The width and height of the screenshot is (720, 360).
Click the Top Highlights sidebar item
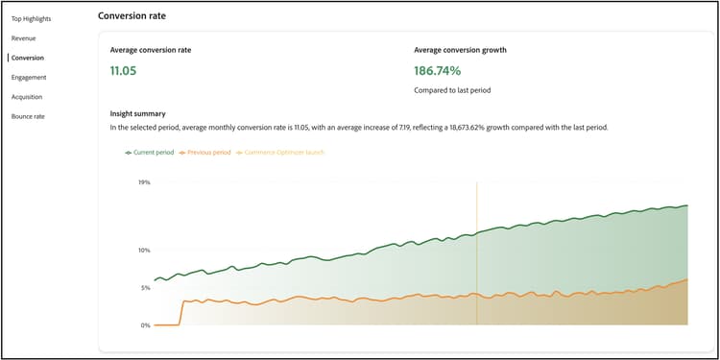[31, 18]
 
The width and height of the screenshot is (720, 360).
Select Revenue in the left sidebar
[24, 37]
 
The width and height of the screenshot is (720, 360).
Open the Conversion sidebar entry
[28, 58]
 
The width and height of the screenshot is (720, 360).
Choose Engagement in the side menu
[29, 77]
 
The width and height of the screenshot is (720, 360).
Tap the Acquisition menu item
[28, 96]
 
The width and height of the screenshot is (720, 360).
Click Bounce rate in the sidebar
[28, 116]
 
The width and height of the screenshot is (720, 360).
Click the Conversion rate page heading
[138, 15]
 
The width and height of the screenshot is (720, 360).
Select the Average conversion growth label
[460, 49]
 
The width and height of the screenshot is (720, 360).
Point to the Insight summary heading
[138, 113]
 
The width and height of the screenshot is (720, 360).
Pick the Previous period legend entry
[208, 152]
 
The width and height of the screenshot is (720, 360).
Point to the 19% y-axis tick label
[144, 181]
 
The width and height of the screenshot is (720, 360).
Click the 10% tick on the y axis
[144, 250]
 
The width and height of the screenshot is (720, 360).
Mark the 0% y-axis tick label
[145, 325]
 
